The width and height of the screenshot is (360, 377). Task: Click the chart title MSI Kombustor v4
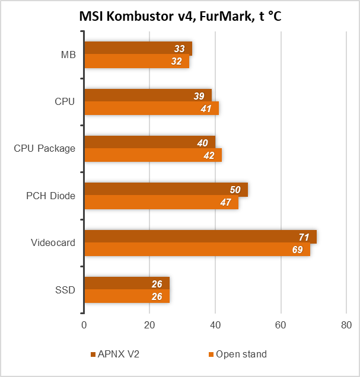(x=180, y=17)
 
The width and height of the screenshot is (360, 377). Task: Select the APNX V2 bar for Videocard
(x=200, y=237)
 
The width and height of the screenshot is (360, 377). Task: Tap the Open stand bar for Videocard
(x=197, y=250)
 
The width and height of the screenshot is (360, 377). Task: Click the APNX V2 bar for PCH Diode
(x=165, y=190)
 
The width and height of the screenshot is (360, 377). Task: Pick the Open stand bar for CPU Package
(x=152, y=155)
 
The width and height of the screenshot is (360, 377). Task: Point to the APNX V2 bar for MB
(x=138, y=49)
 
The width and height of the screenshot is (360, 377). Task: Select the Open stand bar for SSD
(x=127, y=296)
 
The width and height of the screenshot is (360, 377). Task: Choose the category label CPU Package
(x=44, y=148)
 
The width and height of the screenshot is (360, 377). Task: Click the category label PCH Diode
(x=51, y=195)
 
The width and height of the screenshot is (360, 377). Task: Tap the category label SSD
(x=65, y=289)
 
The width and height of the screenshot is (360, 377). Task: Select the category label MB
(x=68, y=55)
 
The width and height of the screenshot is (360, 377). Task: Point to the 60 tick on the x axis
(x=281, y=325)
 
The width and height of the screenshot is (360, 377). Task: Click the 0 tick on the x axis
(x=84, y=325)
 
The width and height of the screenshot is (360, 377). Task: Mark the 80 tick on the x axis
(x=346, y=325)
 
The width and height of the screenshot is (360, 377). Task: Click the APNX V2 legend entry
(x=115, y=354)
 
